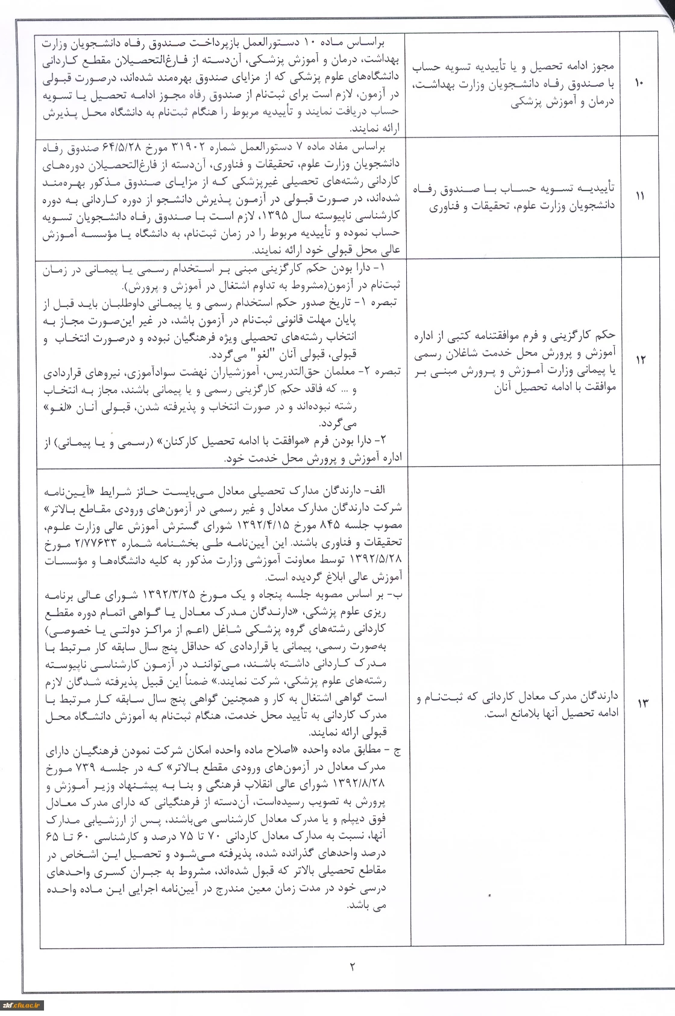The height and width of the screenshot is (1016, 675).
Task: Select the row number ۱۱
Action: (x=639, y=197)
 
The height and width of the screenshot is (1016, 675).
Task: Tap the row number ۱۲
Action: (x=639, y=360)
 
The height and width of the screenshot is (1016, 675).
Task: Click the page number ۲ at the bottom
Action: (x=352, y=967)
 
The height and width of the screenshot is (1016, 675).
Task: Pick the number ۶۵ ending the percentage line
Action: (x=52, y=838)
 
